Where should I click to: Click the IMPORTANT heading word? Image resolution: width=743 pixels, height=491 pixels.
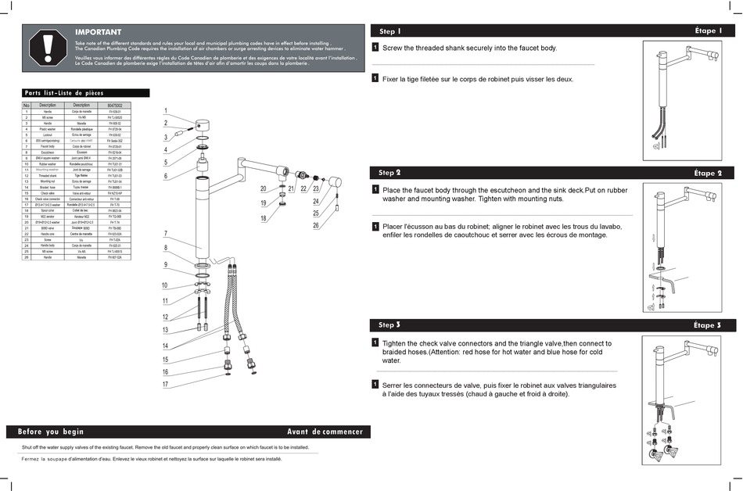tap(98, 32)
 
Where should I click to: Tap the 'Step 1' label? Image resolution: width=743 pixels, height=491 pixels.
tap(389, 31)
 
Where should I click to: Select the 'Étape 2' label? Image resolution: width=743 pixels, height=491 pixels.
tap(707, 173)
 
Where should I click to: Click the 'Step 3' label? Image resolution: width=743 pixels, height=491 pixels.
tap(389, 324)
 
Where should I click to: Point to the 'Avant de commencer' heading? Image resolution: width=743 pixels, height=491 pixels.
tap(325, 432)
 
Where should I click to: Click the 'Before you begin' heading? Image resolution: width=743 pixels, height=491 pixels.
tap(51, 432)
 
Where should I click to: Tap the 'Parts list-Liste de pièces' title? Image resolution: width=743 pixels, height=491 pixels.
tap(64, 92)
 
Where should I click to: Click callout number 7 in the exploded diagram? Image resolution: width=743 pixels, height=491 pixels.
tap(166, 234)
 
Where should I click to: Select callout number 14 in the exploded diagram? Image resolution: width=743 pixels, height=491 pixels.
tap(166, 346)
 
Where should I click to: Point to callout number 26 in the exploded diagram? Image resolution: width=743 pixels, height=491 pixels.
tap(316, 226)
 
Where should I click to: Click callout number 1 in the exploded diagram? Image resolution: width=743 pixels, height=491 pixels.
tap(166, 110)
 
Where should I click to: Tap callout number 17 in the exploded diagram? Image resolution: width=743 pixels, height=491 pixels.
tap(166, 385)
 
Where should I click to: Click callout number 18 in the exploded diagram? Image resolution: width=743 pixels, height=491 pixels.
tap(264, 218)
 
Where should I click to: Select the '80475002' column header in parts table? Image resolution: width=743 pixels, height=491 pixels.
tap(115, 105)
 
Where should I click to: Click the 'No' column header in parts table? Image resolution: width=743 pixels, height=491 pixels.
tap(26, 105)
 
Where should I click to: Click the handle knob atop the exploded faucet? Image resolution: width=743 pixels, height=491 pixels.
tap(202, 126)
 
